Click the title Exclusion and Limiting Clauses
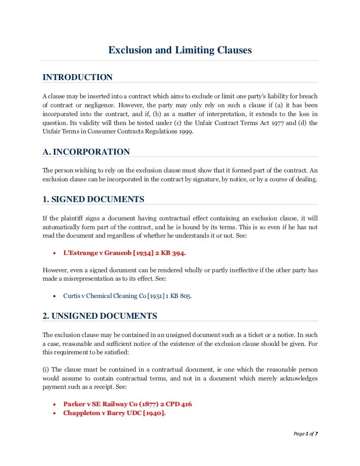[x=180, y=50]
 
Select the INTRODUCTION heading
[x=78, y=77]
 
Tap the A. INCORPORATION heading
[x=86, y=152]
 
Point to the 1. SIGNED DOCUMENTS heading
[x=93, y=199]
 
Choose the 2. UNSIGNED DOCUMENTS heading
[x=100, y=315]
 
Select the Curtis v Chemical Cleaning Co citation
[x=127, y=296]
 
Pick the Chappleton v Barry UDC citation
[x=114, y=413]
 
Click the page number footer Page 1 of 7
[x=306, y=434]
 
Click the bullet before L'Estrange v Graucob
[x=53, y=253]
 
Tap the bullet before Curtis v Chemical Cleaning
[x=53, y=297]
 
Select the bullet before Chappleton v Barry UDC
[x=53, y=414]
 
